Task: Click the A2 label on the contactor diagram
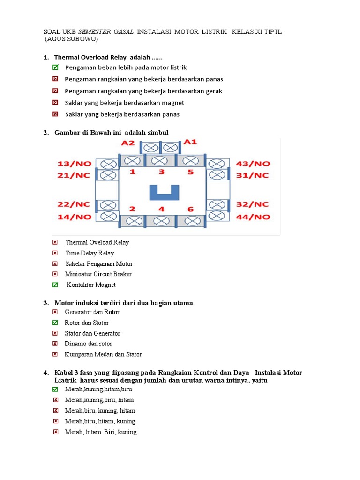coord(128,143)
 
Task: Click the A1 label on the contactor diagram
coord(190,142)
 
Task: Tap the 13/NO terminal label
coord(74,164)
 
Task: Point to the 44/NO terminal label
coord(253,217)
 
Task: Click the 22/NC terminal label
coord(74,205)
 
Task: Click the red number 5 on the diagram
coord(190,172)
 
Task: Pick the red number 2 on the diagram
coord(132,209)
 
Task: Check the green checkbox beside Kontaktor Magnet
coord(55,285)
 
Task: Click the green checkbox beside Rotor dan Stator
coord(55,322)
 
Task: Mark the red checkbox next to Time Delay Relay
coord(55,253)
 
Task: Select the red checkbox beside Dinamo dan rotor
coord(55,344)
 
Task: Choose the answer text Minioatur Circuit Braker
coord(98,274)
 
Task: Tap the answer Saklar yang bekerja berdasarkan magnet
coord(125,103)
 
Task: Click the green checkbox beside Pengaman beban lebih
coord(55,68)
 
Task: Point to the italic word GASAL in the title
coord(123,31)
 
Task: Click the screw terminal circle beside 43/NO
coord(216,164)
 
